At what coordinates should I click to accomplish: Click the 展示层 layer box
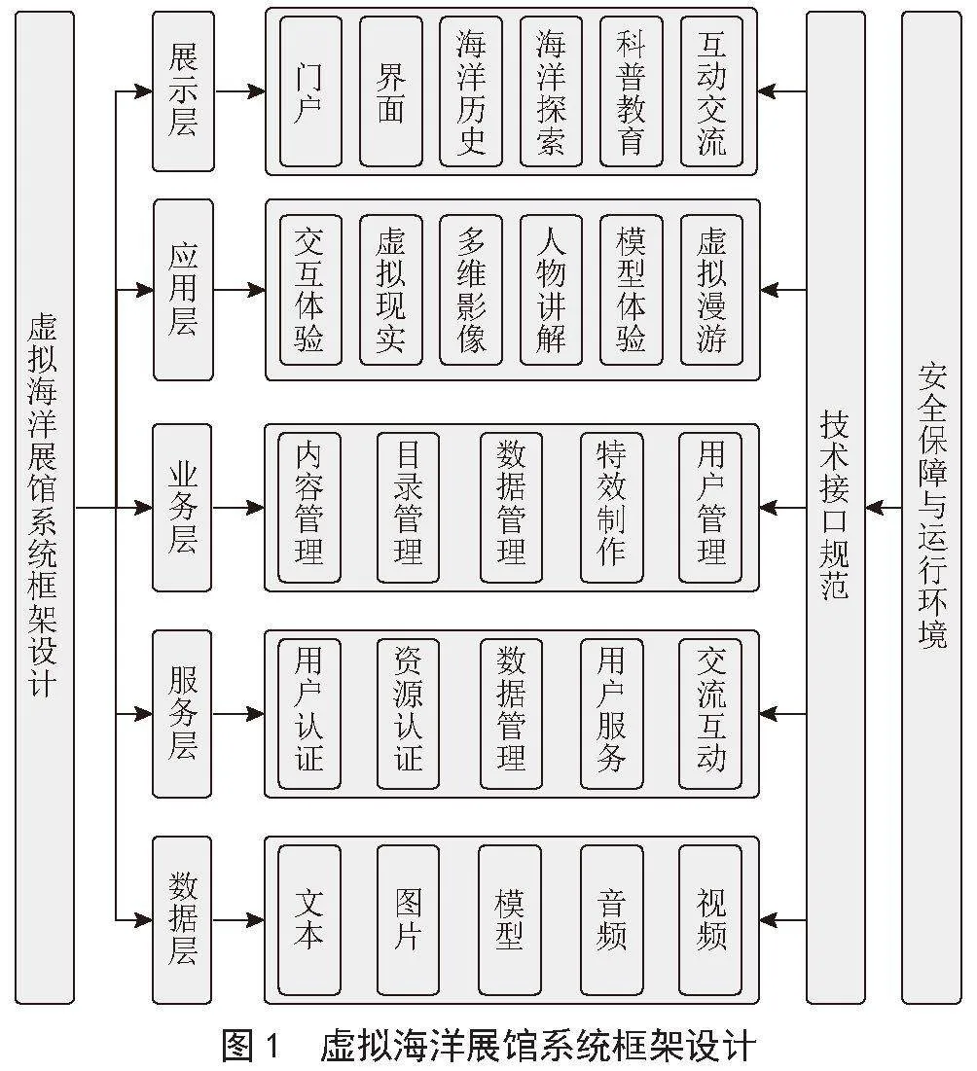pyautogui.click(x=182, y=91)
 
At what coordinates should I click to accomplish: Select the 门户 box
pyautogui.click(x=310, y=91)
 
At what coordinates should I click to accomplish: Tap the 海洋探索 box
pyautogui.click(x=551, y=91)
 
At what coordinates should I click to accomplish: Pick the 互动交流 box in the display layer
pyautogui.click(x=711, y=91)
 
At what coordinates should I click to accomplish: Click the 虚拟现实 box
pyautogui.click(x=391, y=290)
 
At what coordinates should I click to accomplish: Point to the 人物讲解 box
pyautogui.click(x=551, y=290)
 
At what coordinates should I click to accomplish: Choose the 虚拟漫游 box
pyautogui.click(x=711, y=290)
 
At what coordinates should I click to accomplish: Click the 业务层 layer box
pyautogui.click(x=182, y=508)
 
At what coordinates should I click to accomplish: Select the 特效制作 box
pyautogui.click(x=611, y=508)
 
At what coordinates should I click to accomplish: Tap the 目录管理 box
pyautogui.click(x=408, y=508)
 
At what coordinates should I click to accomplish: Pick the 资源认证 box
pyautogui.click(x=408, y=714)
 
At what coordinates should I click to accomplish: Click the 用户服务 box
pyautogui.click(x=611, y=714)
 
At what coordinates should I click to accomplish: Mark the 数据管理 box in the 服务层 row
pyautogui.click(x=511, y=714)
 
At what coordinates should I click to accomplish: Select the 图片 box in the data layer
pyautogui.click(x=408, y=920)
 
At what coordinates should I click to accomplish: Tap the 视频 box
pyautogui.click(x=709, y=920)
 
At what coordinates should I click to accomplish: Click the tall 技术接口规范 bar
pyautogui.click(x=836, y=507)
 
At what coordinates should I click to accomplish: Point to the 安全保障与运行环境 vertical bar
pyautogui.click(x=931, y=507)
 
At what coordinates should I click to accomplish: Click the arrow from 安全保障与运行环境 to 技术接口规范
pyautogui.click(x=884, y=508)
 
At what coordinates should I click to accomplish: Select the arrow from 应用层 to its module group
pyautogui.click(x=239, y=290)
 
